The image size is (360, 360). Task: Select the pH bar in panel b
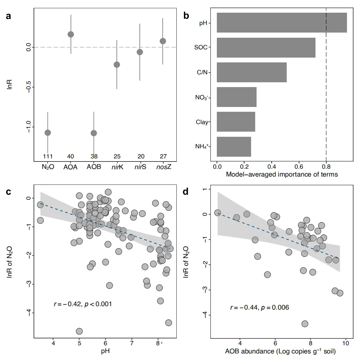point(282,23)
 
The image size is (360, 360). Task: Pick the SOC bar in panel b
point(266,48)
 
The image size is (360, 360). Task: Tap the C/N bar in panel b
point(251,72)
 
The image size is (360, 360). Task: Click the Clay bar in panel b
point(236,122)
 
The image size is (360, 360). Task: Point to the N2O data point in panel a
point(48,133)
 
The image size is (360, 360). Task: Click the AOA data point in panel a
point(71,34)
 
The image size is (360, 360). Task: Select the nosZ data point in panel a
point(163,41)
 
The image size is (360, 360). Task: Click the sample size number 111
point(48,157)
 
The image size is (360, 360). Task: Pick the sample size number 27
point(163,157)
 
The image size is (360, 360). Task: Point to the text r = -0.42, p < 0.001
point(83,304)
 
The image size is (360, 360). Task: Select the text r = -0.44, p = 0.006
point(259,308)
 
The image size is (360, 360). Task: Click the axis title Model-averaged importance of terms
point(282,175)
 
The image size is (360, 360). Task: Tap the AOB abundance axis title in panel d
point(280,351)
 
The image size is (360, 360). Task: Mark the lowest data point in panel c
point(79,331)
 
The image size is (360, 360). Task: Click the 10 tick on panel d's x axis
point(346,343)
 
